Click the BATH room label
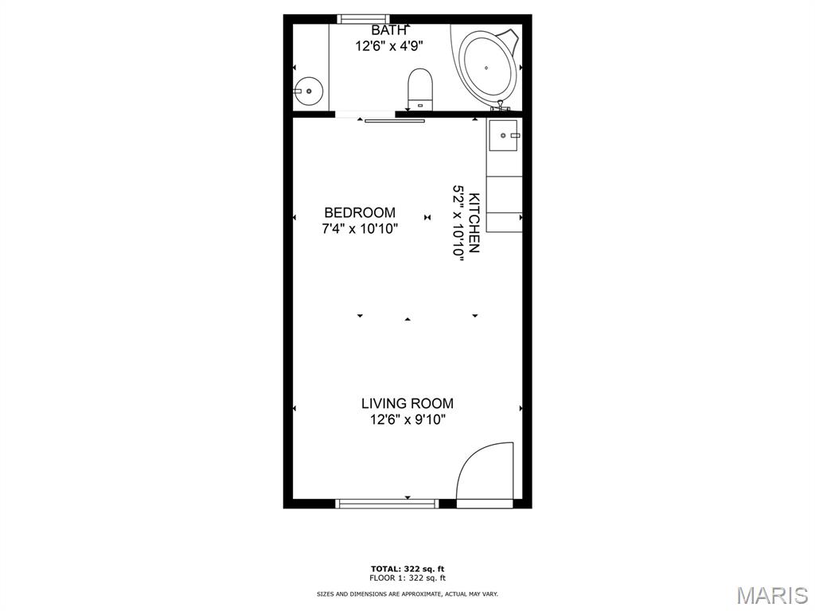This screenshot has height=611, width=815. pos(388,31)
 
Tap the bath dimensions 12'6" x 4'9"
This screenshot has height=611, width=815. pos(388,46)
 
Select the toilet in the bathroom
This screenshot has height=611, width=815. pos(420,89)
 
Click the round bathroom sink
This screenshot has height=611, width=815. pos(308,91)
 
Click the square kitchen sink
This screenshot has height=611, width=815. pos(503,135)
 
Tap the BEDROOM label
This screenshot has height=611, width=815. pos(360,212)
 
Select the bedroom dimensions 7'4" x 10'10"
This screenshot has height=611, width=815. pos(360,228)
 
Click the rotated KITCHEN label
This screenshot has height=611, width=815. pos(474,223)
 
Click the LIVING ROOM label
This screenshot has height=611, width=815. pos(407,403)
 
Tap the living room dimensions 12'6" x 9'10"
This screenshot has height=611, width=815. pos(408,420)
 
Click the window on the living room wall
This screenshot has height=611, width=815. pos(387,504)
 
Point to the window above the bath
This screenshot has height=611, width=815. pos(363,19)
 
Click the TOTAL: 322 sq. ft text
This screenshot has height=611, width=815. pos(407,569)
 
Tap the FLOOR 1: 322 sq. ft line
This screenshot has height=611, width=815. pos(407,578)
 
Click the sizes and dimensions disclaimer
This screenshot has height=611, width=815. pos(407,593)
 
